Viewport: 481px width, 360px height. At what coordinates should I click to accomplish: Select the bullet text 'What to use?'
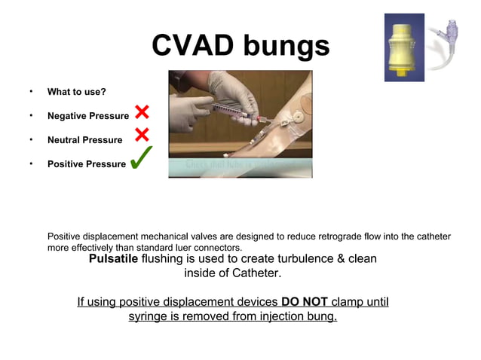[x=76, y=93]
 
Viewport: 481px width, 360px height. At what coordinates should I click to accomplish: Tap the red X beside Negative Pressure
[x=142, y=113]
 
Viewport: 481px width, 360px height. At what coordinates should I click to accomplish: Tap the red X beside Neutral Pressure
[x=142, y=136]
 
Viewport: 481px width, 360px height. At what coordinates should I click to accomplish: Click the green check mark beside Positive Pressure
[x=142, y=158]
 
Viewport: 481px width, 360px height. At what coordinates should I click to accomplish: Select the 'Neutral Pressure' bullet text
[x=84, y=140]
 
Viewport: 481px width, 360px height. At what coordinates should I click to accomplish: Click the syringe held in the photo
[x=234, y=109]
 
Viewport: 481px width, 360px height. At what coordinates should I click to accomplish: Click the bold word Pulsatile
[x=113, y=258]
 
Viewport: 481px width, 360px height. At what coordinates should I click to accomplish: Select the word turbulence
[x=296, y=258]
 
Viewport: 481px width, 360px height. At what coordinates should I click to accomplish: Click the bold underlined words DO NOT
[x=304, y=302]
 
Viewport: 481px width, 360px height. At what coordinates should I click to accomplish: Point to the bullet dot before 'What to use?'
[x=31, y=93]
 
